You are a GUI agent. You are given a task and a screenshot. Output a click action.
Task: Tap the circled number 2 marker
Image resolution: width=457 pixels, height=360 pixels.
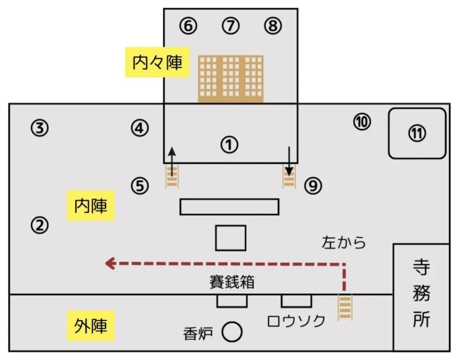coord(40,226)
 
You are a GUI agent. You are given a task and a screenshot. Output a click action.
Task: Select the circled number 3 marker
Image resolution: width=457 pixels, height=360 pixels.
coord(40,128)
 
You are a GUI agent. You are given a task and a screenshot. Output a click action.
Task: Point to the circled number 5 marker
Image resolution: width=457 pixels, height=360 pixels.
coord(139,186)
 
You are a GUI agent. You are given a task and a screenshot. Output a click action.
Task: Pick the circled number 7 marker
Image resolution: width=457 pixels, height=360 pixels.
coord(231,26)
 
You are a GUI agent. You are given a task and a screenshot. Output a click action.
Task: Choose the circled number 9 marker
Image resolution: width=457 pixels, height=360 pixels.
coord(313,186)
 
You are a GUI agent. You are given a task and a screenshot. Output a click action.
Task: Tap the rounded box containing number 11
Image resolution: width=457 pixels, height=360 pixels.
coord(417,133)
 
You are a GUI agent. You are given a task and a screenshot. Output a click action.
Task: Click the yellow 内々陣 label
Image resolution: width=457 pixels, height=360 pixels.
coord(158,62)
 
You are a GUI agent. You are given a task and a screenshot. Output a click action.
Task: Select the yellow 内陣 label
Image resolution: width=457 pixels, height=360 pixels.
coord(91,206)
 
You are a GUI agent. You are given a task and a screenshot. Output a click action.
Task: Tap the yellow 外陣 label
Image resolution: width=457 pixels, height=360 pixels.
coord(91,326)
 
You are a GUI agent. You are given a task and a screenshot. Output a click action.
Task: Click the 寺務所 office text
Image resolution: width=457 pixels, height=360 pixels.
coord(421,294)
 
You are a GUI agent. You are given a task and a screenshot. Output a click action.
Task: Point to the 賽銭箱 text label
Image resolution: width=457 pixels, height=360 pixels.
coord(232,282)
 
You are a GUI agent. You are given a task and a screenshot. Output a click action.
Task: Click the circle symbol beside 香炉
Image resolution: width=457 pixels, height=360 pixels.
coord(232,332)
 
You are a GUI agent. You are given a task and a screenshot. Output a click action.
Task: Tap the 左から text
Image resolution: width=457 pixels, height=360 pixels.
coord(344,242)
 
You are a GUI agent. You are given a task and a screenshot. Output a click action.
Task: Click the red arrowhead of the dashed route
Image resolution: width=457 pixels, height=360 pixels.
coord(110,263)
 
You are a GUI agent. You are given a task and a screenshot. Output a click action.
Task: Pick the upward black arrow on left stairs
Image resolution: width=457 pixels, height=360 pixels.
coord(172,162)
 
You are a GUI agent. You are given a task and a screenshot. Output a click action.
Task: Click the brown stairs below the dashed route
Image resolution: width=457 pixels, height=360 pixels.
coord(345,307)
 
